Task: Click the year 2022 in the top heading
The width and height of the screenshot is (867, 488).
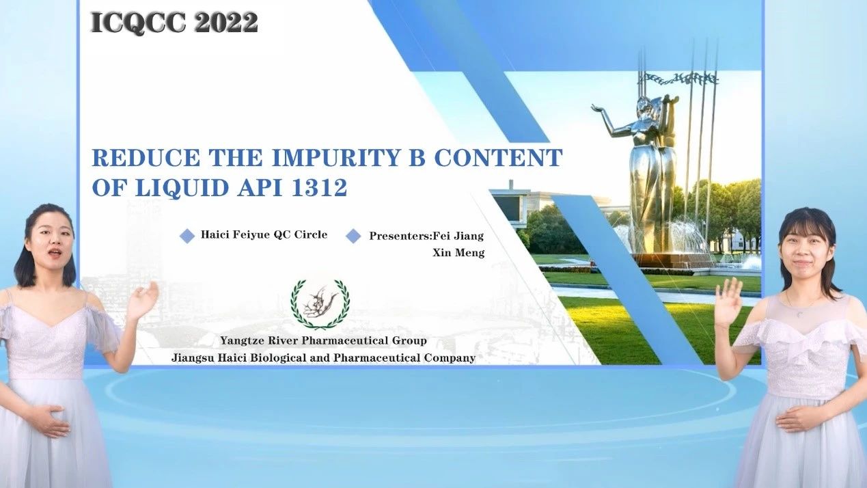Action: click(x=226, y=23)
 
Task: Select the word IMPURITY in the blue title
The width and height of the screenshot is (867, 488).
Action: click(x=335, y=157)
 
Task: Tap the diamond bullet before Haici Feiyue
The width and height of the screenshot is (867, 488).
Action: click(x=187, y=236)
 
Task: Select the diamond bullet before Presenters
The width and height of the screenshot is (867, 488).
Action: click(x=353, y=236)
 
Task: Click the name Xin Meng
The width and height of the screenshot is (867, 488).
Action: click(x=458, y=253)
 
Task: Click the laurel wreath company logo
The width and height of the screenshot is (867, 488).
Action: click(x=320, y=303)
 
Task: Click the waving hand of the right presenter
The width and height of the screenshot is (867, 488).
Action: click(x=728, y=303)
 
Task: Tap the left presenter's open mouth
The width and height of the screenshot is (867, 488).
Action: click(x=54, y=252)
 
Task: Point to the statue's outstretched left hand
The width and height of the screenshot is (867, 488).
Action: click(x=598, y=109)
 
